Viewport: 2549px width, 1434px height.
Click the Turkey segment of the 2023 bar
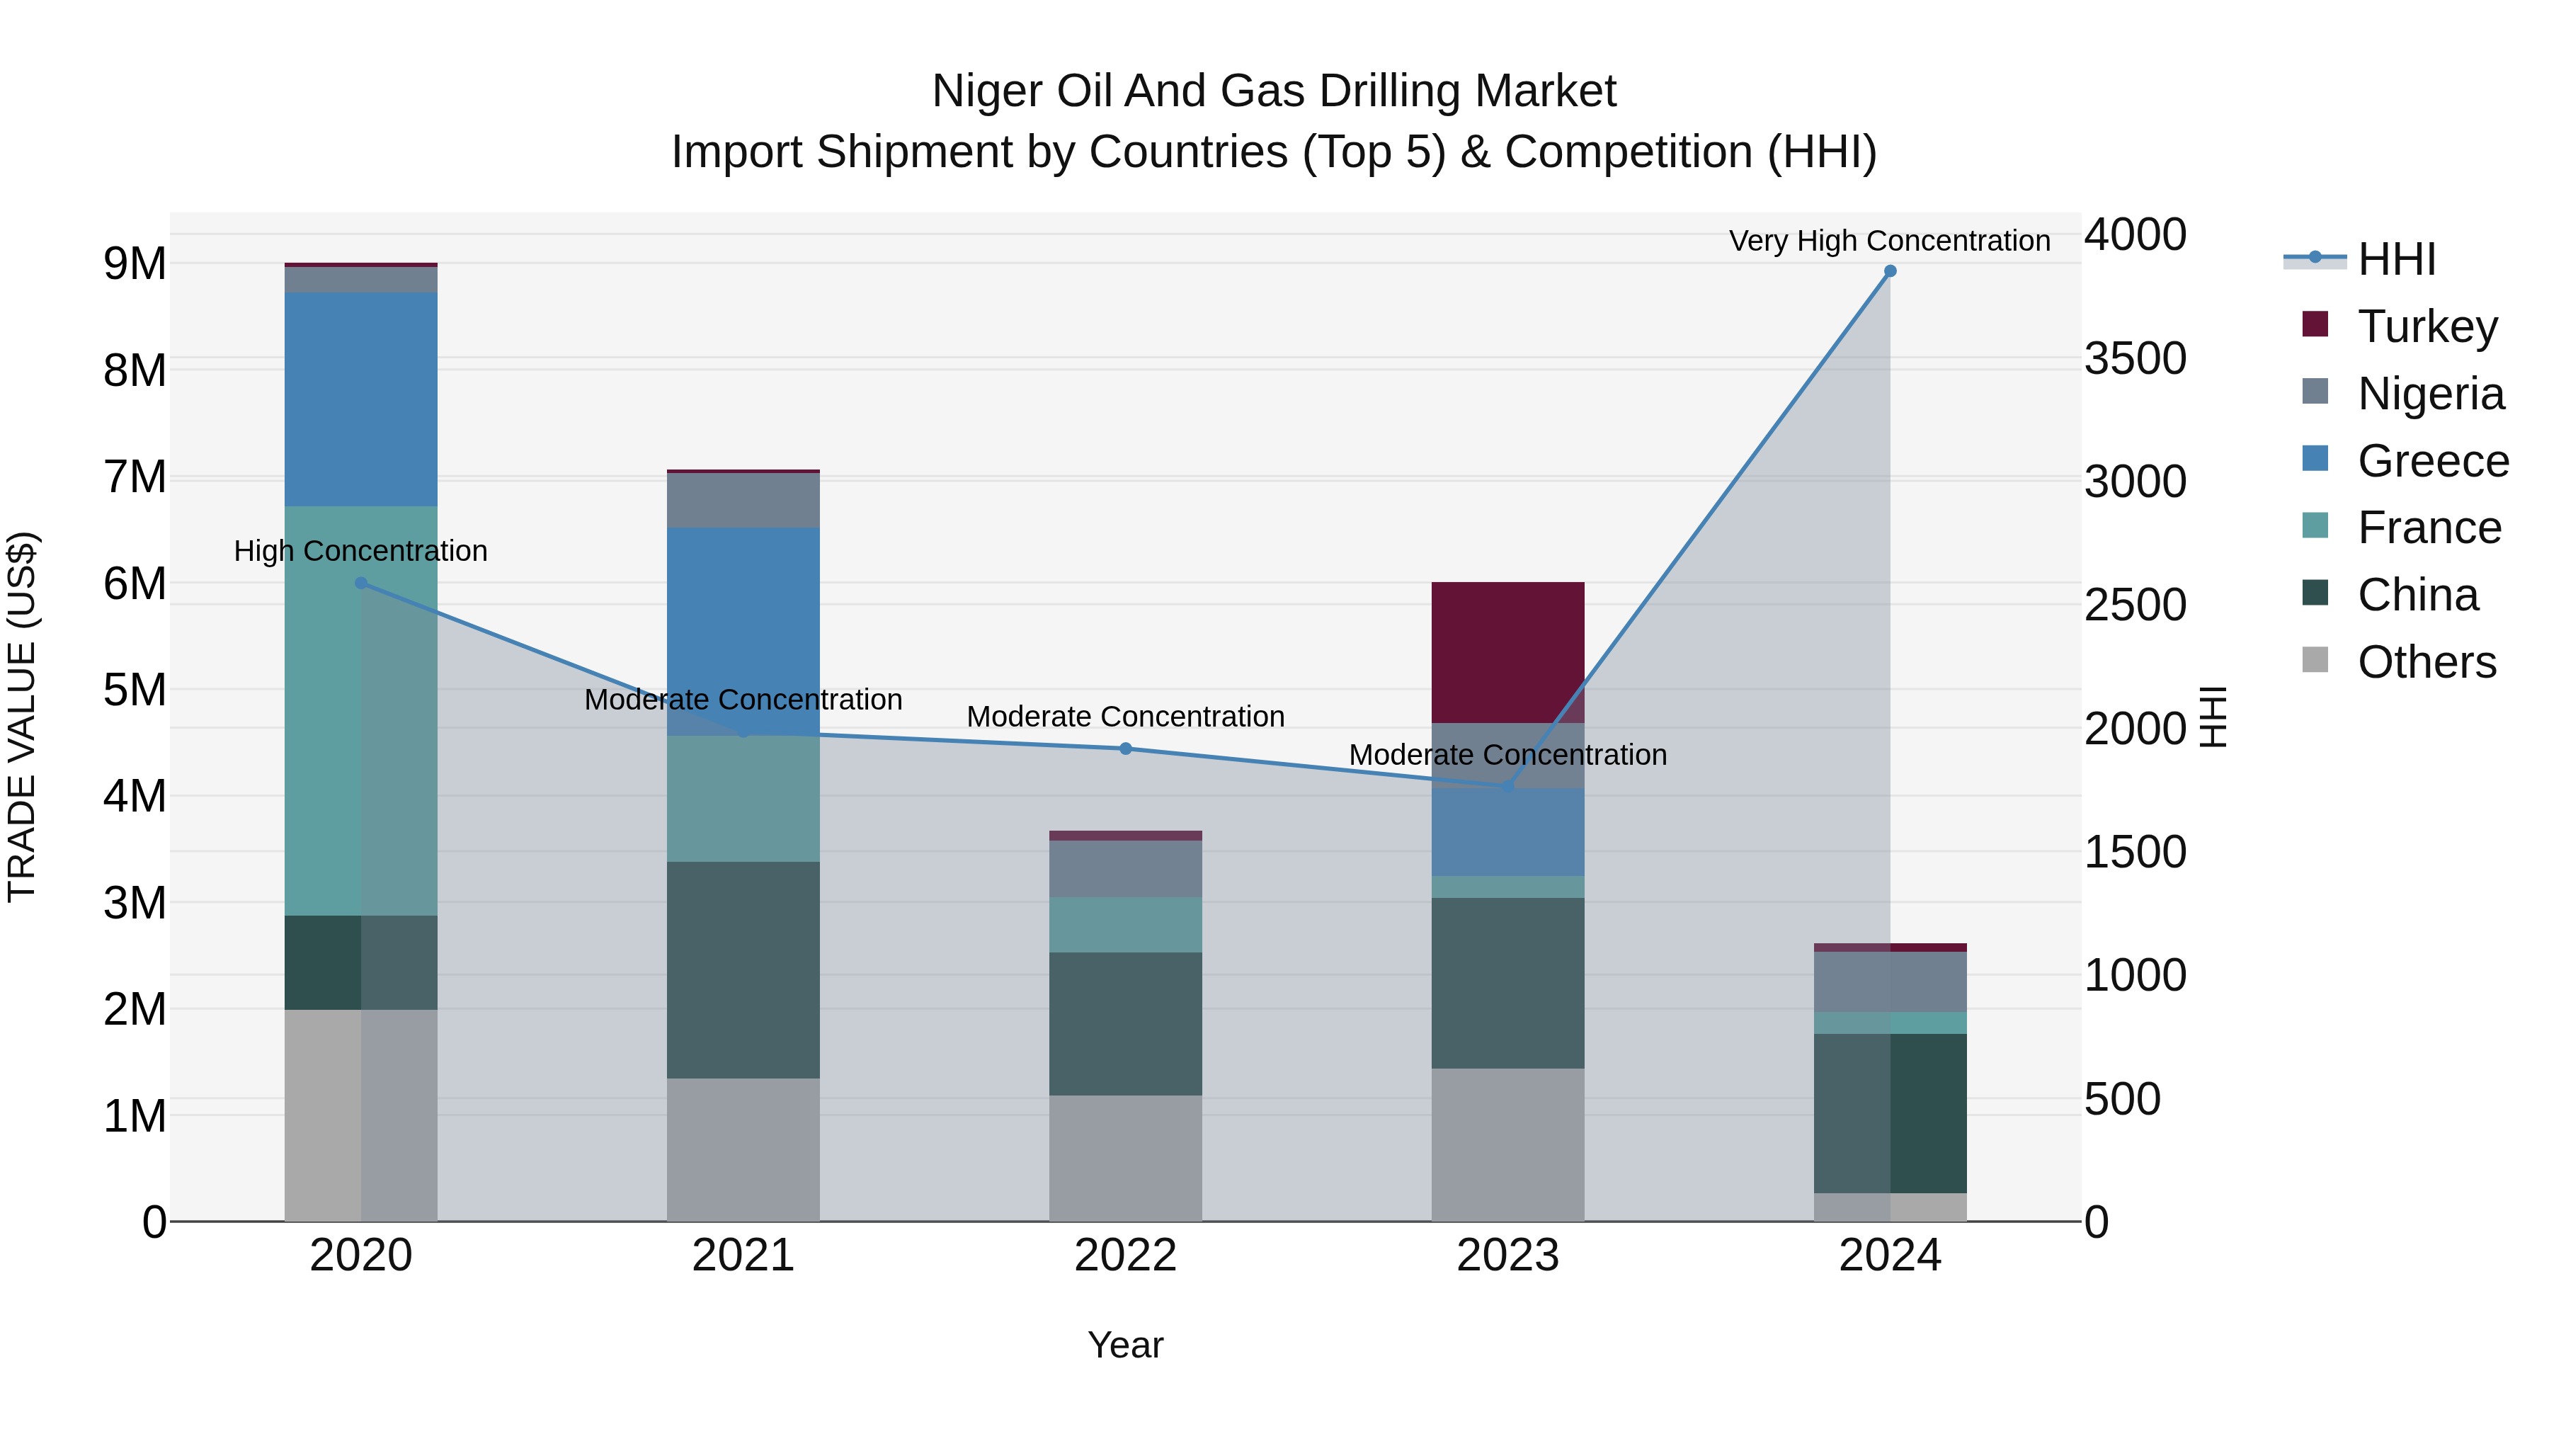[x=1507, y=652]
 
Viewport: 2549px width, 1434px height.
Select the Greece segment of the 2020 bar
[x=360, y=399]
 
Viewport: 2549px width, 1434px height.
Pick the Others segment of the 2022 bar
[x=1125, y=1157]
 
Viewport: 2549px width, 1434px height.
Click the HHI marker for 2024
[x=1890, y=271]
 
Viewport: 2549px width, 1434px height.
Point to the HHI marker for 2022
[x=1125, y=749]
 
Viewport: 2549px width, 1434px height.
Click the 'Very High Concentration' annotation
[x=1889, y=241]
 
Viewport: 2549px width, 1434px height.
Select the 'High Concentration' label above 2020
[x=360, y=550]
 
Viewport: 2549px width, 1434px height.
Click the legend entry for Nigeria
[x=2429, y=393]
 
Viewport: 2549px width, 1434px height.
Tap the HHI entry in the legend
[x=2395, y=259]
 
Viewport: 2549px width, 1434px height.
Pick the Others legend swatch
[x=2315, y=660]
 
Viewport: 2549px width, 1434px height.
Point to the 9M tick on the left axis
[x=135, y=263]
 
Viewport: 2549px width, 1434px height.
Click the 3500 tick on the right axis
[x=2134, y=358]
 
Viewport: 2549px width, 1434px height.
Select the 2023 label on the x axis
[x=1507, y=1255]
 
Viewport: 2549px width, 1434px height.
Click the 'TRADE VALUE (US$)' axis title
[x=22, y=717]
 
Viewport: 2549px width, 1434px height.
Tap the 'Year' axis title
[x=1125, y=1345]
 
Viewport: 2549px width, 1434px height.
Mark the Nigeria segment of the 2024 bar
[x=1890, y=981]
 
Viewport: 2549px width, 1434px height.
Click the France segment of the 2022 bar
[x=1125, y=924]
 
